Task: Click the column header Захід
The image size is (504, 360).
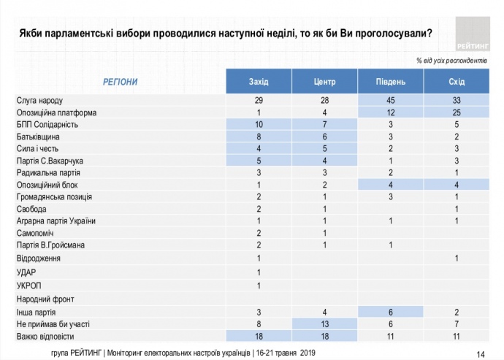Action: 259,81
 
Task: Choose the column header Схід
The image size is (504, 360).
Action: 457,81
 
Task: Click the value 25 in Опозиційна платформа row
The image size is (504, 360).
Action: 457,113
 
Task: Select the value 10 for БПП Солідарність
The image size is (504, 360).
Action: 259,125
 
